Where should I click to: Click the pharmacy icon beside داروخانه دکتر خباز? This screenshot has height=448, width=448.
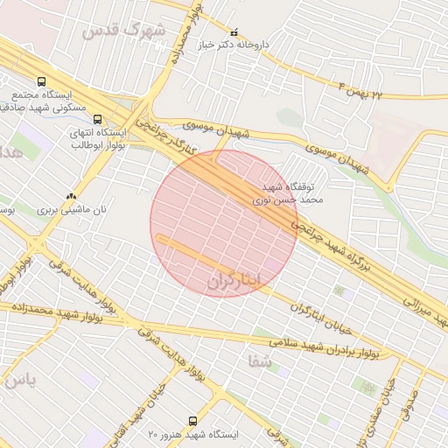click(233, 31)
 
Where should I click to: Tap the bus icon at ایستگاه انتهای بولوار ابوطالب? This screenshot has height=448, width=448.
click(96, 119)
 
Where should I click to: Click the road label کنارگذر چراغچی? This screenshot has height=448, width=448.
click(171, 142)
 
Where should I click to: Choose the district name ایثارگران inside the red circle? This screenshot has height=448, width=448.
click(236, 281)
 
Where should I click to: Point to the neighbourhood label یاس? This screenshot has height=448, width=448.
click(17, 382)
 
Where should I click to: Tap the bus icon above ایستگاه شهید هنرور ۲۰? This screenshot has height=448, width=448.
click(194, 421)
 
